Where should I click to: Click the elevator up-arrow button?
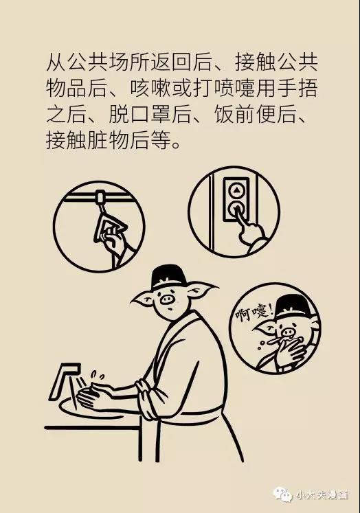[x=236, y=190]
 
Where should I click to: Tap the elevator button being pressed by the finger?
[x=236, y=209]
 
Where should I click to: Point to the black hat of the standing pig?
[x=168, y=277]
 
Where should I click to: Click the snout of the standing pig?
[x=167, y=299]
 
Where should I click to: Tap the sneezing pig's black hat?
[x=293, y=308]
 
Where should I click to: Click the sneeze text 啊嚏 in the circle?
[x=254, y=312]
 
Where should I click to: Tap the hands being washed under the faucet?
[x=93, y=395]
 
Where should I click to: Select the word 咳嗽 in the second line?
[x=150, y=89]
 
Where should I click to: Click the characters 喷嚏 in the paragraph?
[x=234, y=89]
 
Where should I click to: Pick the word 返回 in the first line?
[x=171, y=62]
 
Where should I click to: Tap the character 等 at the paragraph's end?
[x=161, y=141]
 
